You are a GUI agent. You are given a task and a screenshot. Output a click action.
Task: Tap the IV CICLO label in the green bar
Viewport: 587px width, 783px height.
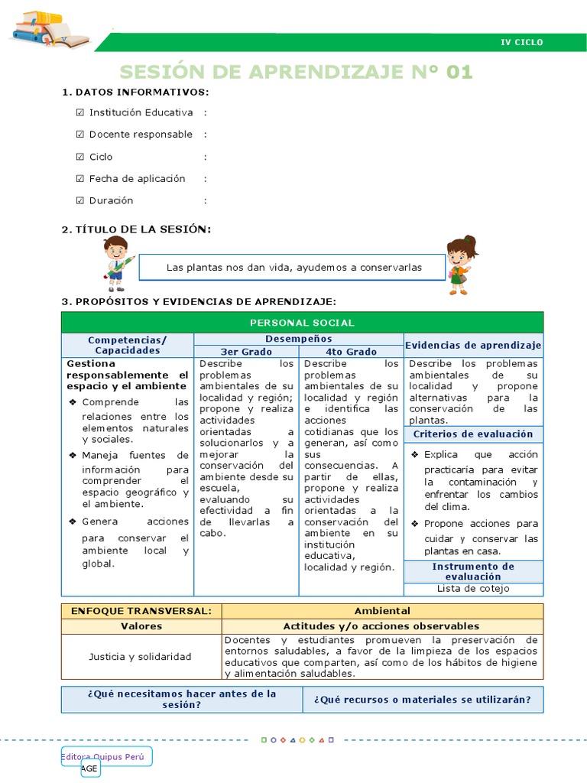(x=521, y=43)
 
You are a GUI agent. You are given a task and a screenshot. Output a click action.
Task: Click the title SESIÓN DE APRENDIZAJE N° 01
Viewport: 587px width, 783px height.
(x=296, y=72)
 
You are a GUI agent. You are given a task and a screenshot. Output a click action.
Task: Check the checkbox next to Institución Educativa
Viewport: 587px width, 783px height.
(x=80, y=112)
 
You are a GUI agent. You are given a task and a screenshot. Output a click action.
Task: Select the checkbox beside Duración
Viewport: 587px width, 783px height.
(x=80, y=200)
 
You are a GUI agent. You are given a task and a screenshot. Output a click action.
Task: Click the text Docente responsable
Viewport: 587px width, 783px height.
(x=141, y=135)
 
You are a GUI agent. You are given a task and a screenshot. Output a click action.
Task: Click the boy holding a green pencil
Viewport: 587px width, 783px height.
(x=117, y=263)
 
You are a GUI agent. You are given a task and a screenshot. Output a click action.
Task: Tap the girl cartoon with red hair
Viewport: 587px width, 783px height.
(x=461, y=265)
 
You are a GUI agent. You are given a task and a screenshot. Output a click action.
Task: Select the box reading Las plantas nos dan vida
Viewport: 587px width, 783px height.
(x=294, y=268)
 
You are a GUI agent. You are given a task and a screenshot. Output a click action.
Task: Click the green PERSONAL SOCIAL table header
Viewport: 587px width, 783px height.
(x=302, y=323)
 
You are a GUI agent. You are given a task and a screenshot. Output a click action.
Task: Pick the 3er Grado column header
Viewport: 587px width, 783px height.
(x=246, y=352)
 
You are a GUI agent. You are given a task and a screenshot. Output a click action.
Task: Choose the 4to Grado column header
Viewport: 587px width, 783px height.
(x=351, y=352)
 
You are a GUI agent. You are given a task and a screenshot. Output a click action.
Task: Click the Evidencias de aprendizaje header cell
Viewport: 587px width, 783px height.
(x=473, y=345)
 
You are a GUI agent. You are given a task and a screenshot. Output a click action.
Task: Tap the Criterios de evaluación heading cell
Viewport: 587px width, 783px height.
(x=473, y=434)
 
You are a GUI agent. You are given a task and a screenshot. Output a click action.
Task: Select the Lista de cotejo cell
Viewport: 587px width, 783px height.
(x=473, y=589)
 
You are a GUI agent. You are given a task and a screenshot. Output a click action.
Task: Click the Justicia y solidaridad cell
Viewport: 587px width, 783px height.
(x=141, y=657)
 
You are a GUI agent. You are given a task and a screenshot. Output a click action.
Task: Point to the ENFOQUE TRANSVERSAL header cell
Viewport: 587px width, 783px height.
(x=141, y=611)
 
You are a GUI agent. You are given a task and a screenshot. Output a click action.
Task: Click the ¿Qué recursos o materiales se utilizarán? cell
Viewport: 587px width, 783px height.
(x=423, y=699)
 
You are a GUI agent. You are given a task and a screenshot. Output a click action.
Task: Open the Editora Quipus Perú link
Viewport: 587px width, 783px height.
(x=106, y=756)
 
